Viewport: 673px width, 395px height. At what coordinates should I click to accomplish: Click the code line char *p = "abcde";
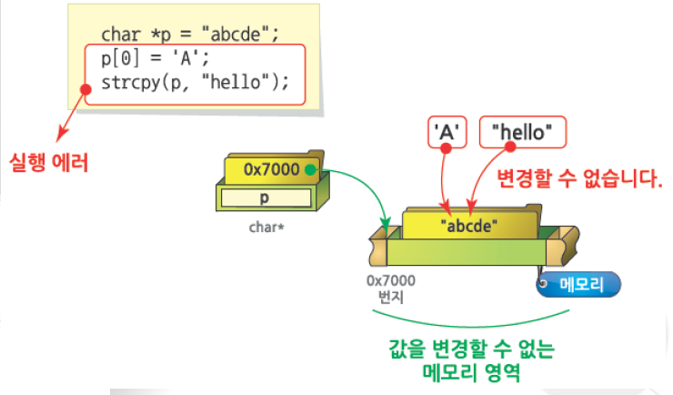(x=189, y=35)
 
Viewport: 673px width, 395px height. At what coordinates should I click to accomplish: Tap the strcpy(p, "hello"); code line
(x=195, y=82)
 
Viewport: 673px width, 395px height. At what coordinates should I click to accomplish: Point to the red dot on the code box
(x=85, y=89)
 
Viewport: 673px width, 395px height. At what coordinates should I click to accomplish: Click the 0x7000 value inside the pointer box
(x=272, y=169)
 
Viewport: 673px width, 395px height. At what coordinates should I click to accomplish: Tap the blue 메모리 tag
(x=580, y=284)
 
